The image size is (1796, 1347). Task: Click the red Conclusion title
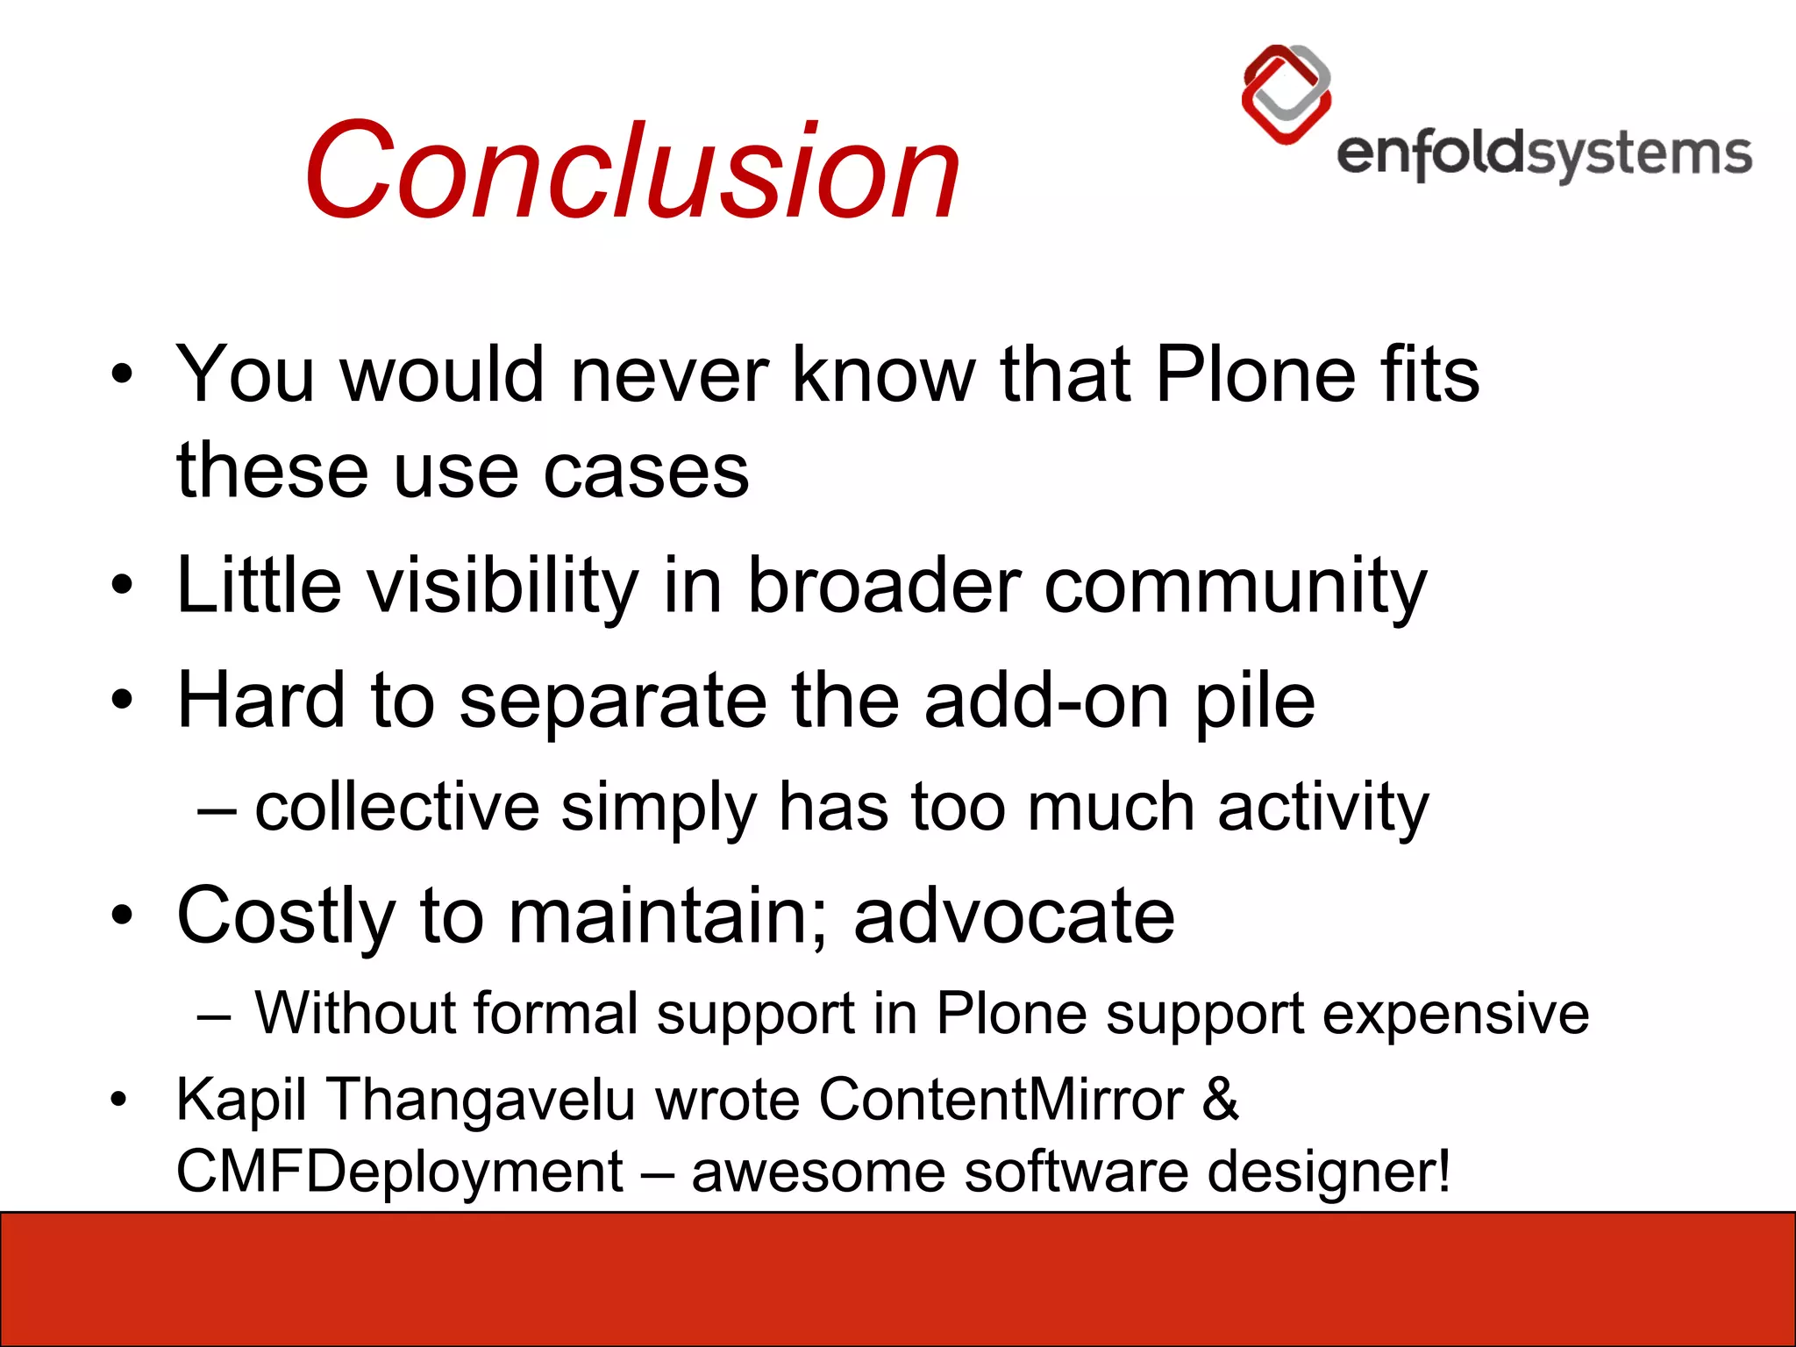pyautogui.click(x=631, y=171)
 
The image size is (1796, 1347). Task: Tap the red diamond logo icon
pyautogui.click(x=1286, y=95)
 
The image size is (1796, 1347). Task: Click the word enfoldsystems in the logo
pyautogui.click(x=1543, y=156)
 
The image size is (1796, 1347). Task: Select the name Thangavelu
pyautogui.click(x=481, y=1099)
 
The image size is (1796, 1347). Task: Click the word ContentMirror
pyautogui.click(x=1001, y=1099)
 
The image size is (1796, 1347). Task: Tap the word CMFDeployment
pyautogui.click(x=400, y=1172)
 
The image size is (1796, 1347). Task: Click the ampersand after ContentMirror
pyautogui.click(x=1220, y=1099)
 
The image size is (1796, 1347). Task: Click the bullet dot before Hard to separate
pyautogui.click(x=122, y=701)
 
